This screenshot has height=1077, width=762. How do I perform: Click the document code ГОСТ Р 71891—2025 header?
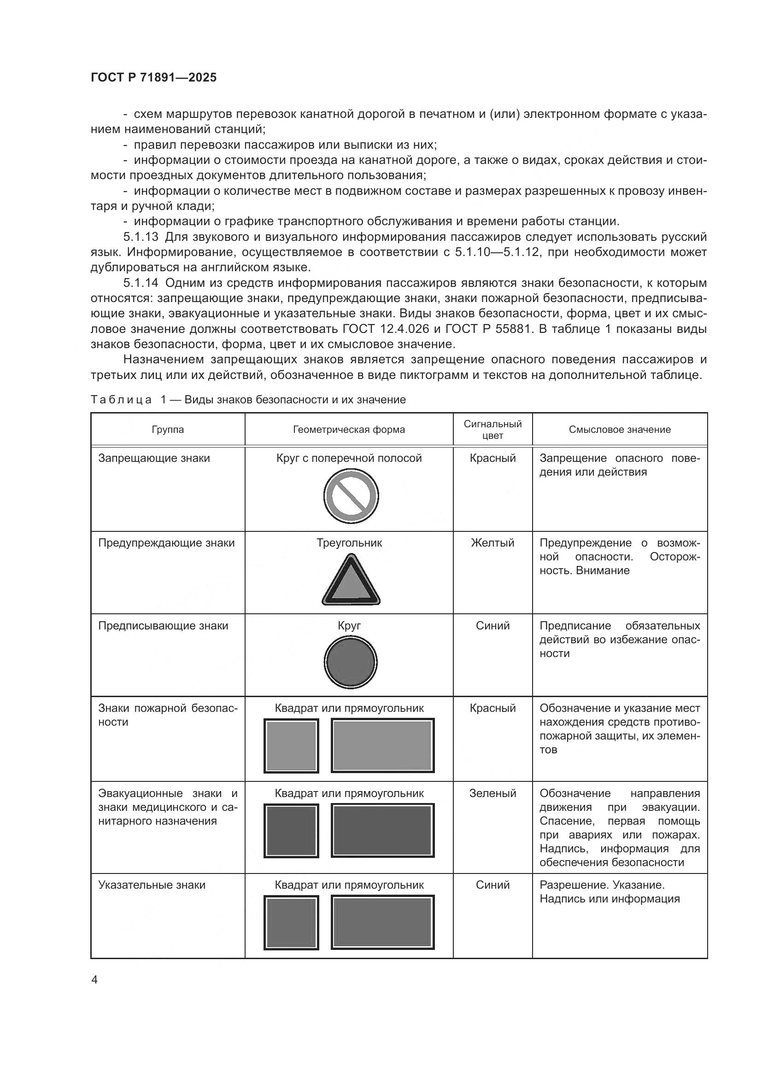(153, 77)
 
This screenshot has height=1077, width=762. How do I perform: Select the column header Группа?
(168, 430)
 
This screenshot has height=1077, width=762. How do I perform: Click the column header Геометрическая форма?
(349, 430)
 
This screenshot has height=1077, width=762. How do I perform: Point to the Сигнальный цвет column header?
(492, 430)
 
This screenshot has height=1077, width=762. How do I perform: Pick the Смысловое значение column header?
(619, 430)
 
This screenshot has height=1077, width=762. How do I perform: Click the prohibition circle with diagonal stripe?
(351, 496)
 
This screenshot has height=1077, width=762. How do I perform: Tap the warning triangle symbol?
(351, 581)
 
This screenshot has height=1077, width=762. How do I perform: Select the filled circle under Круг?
(351, 662)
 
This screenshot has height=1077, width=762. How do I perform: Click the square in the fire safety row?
(291, 745)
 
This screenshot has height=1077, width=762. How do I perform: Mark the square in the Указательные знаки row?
(291, 922)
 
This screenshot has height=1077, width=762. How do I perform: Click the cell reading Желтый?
(492, 543)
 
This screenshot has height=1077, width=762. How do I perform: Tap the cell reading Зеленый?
(492, 793)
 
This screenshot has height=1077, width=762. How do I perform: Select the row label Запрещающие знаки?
(154, 458)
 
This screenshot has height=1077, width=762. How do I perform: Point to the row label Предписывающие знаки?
(163, 626)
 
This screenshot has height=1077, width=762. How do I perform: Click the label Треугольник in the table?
(349, 543)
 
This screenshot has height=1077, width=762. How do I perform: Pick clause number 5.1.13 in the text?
(141, 237)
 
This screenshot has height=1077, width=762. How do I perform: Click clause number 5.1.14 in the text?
(141, 283)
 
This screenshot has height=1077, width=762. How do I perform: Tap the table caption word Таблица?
(121, 400)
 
